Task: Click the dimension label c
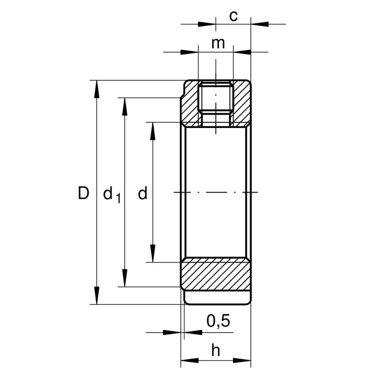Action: (234, 17)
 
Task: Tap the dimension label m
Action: (218, 44)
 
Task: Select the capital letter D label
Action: (83, 193)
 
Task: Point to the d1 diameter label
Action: (112, 195)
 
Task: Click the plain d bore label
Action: (143, 193)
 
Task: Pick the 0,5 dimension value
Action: (218, 321)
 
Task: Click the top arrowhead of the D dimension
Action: (97, 89)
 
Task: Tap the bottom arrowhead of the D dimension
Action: (97, 295)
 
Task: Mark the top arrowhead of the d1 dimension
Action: (125, 107)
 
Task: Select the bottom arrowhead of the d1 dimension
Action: (125, 278)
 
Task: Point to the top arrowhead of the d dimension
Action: (153, 131)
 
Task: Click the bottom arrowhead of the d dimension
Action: (153, 253)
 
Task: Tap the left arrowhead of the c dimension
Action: (207, 24)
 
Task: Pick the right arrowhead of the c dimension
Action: (260, 24)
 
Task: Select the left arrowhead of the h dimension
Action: (190, 361)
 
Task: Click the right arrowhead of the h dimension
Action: (242, 361)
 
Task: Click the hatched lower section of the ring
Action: (216, 274)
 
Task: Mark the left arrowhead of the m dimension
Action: (189, 52)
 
